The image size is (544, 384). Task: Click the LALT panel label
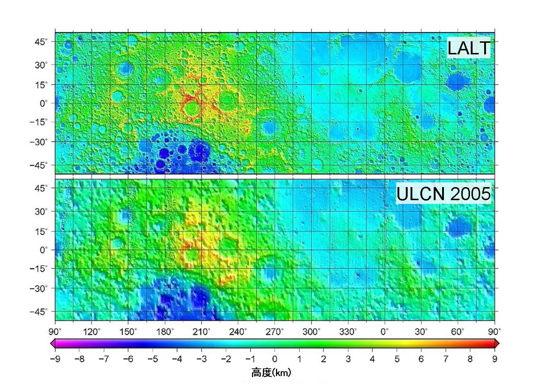(x=469, y=49)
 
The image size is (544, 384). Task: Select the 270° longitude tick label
(x=275, y=331)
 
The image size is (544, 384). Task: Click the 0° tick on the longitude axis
(x=385, y=331)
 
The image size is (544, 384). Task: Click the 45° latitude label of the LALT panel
(x=41, y=42)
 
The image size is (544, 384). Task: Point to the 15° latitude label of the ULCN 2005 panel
(x=41, y=231)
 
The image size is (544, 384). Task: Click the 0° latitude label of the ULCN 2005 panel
(x=44, y=250)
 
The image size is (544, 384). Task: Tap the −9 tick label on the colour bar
(x=55, y=359)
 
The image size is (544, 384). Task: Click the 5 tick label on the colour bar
(x=397, y=359)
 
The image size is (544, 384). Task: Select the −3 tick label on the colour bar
(x=201, y=359)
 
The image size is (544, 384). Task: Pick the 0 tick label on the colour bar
(x=275, y=359)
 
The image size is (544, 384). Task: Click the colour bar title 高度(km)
(x=271, y=372)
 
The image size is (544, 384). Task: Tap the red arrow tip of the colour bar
(x=497, y=343)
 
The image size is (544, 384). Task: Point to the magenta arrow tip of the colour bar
(x=53, y=343)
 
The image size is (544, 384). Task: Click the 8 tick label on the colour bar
(x=470, y=359)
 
